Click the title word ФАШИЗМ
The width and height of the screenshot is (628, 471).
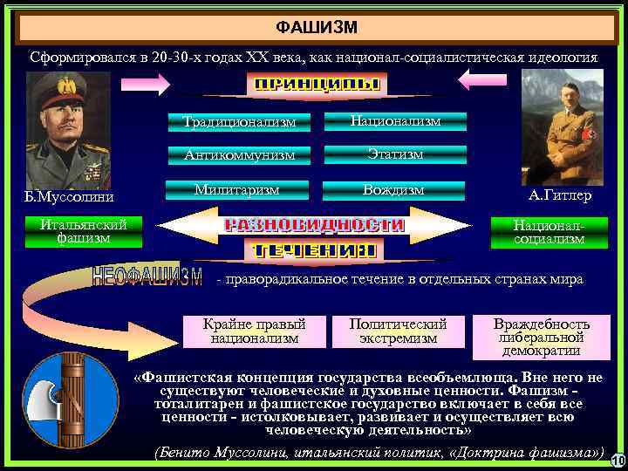tap(316, 28)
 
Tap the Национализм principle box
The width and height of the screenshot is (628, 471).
tap(395, 120)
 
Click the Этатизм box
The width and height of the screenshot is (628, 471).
tap(395, 154)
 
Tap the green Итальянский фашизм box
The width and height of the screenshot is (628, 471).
tap(76, 231)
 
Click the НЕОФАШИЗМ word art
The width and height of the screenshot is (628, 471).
tap(147, 277)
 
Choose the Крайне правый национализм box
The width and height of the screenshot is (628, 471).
tap(255, 330)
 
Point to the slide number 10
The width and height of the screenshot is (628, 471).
tap(617, 461)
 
